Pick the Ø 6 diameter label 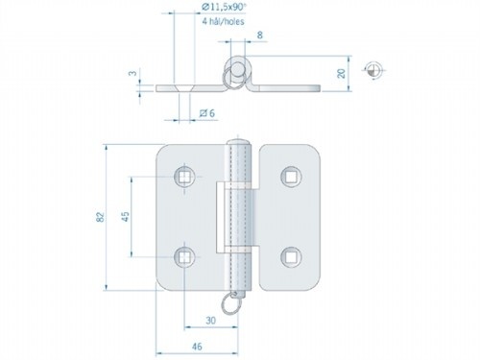tap(204, 114)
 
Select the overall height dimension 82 tap(100, 218)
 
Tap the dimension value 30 tap(209, 320)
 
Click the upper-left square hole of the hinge tap(185, 176)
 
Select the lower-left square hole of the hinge tap(185, 256)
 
